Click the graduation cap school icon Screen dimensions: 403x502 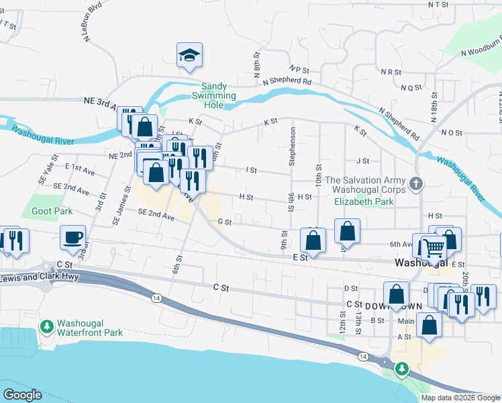190,55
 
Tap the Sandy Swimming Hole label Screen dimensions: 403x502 219,91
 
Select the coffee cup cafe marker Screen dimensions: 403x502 73,236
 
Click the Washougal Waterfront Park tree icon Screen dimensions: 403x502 46,326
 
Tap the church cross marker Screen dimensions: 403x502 416,183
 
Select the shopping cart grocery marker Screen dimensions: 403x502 434,248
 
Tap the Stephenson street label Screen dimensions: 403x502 292,144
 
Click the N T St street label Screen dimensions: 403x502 437,4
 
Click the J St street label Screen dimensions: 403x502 363,161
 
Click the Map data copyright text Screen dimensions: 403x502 460,397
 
